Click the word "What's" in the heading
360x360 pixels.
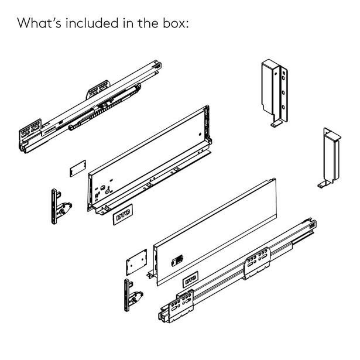(39, 23)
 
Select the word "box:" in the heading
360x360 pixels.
(176, 23)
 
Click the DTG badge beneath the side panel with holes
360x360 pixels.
(123, 215)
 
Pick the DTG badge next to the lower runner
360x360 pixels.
(190, 279)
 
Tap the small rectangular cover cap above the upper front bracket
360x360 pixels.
(78, 169)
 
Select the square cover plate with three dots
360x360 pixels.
(136, 262)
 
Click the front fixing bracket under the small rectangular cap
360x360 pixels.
(60, 207)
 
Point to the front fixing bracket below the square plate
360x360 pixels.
(133, 295)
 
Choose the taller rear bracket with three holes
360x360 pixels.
(275, 93)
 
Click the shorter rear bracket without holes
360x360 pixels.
(330, 158)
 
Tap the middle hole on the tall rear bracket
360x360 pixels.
(283, 92)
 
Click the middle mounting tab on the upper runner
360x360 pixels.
(98, 89)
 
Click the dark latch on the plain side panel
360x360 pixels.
(177, 260)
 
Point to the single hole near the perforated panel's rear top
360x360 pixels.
(200, 134)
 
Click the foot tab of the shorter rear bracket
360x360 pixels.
(323, 184)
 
